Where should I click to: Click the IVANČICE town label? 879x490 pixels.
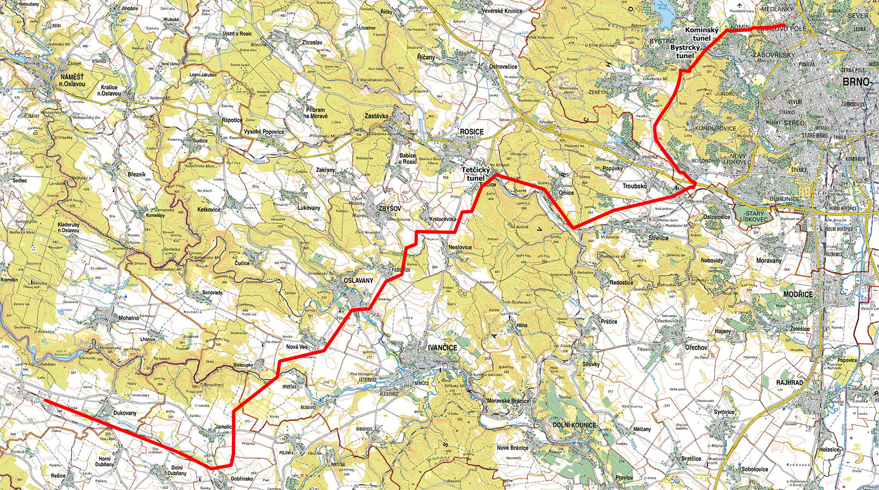(442, 348)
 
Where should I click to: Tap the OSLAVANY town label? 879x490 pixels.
(358, 281)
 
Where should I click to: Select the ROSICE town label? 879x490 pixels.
(471, 132)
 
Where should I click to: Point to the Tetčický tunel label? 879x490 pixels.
(475, 174)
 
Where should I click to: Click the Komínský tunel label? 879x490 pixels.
(702, 34)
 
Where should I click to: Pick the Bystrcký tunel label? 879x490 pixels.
(685, 52)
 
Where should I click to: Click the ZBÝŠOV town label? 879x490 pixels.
(390, 209)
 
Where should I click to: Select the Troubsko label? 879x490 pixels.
(634, 186)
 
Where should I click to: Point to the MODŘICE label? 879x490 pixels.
(798, 294)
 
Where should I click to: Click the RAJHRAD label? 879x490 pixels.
(789, 382)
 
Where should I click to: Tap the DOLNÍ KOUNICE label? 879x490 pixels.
(574, 425)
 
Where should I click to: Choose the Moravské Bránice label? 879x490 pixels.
(508, 400)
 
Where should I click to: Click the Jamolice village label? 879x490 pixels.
(223, 427)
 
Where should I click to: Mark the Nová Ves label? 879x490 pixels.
(297, 347)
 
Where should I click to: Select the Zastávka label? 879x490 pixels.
(376, 116)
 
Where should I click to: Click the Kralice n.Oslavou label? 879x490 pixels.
(110, 90)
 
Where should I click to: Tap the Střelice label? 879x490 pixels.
(658, 238)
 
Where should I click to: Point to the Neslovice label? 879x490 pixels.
(460, 247)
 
